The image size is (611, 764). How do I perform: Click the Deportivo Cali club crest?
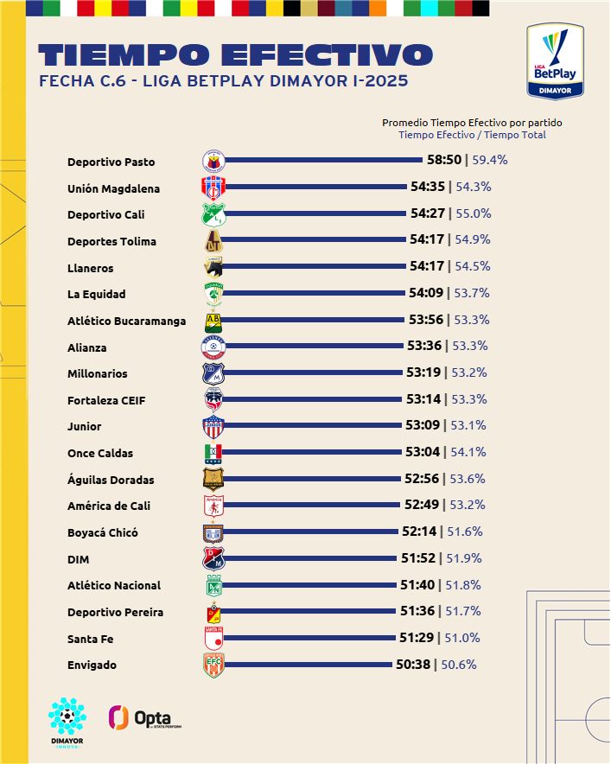coord(213,214)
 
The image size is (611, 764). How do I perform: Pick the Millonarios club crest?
coord(213,374)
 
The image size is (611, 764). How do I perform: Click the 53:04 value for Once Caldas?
coord(422,452)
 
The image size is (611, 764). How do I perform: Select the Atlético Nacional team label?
coord(114,586)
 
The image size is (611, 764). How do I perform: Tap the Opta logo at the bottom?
coord(145,717)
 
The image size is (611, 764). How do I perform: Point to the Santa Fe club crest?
coord(213,639)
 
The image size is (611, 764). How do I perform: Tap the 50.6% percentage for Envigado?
coord(459,665)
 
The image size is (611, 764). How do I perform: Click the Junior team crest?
coord(213,427)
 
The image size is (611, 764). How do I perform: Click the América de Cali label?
coord(109,506)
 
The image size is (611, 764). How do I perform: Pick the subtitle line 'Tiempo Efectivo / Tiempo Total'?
coord(472,135)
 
